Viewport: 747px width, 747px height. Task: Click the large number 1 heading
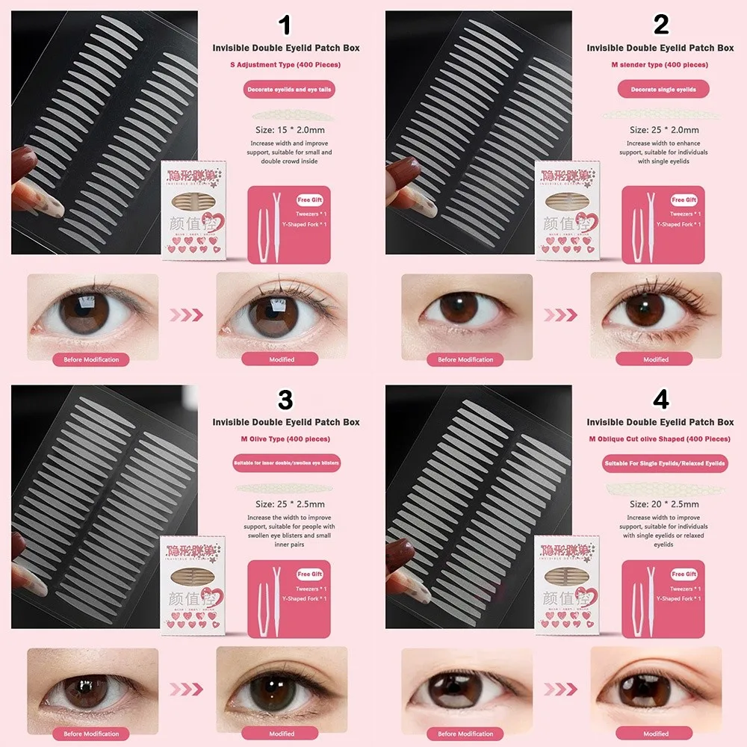point(285,26)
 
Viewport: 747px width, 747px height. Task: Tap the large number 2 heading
point(660,26)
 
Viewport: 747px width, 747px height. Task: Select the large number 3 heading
point(285,400)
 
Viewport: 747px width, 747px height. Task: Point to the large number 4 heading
point(660,400)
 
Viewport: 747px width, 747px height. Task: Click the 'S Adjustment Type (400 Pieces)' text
point(285,65)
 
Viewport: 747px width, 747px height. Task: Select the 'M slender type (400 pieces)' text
point(660,65)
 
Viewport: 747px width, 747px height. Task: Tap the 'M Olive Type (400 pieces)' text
point(285,439)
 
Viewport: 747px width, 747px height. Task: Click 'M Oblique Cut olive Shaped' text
point(660,439)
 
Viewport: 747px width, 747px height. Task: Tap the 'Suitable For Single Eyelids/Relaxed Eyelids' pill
point(664,464)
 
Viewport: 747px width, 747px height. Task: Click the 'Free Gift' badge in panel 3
point(309,574)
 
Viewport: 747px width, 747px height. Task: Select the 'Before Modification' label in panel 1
point(91,359)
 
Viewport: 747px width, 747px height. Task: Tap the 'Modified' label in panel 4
point(656,734)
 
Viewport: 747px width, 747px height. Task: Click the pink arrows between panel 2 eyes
point(561,315)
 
